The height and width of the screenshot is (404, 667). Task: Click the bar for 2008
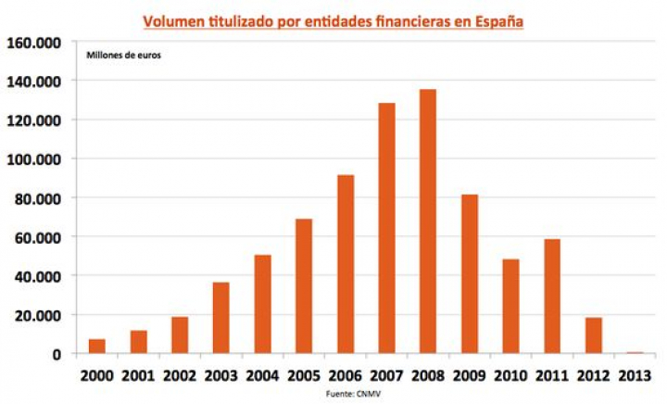[427, 221]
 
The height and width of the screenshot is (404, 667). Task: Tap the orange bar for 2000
[97, 347]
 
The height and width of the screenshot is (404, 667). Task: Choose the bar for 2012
[593, 335]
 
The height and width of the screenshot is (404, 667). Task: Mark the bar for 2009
[469, 274]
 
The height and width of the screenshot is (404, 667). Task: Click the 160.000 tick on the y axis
[34, 43]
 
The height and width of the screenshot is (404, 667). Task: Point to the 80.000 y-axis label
[38, 198]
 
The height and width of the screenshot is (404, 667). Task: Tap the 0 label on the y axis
[57, 354]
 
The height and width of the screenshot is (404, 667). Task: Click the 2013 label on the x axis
[634, 376]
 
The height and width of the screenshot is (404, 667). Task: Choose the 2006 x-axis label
[345, 376]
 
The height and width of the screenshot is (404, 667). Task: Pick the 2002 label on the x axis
[180, 376]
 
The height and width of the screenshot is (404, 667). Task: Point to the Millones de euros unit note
[123, 57]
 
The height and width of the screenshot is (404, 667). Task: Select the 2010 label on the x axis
[510, 376]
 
